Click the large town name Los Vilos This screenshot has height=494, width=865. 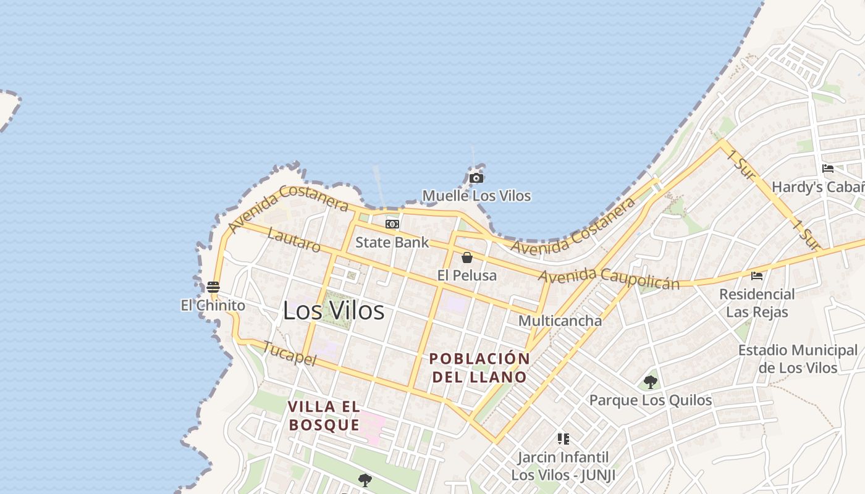point(334,311)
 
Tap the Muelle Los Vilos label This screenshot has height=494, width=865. point(476,196)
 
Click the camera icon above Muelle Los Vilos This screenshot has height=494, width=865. point(476,178)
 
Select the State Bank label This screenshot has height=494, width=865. point(392,242)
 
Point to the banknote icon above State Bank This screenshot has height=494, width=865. point(392,224)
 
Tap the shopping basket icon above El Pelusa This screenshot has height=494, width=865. point(467,257)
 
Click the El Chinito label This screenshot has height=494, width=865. point(213,305)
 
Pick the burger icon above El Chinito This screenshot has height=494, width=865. point(213,287)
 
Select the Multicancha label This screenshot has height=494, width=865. point(560,320)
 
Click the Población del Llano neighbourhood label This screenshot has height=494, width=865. point(480,367)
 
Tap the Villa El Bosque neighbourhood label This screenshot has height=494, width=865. point(324,416)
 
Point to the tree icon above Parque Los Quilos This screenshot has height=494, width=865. point(650,382)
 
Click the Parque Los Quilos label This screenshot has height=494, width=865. point(651,400)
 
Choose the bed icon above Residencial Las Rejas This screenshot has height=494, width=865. point(757,275)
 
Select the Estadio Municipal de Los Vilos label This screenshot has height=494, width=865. point(798,359)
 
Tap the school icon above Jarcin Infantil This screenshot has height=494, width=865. point(563,439)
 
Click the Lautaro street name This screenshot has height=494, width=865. point(295,240)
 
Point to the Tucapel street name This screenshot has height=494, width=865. point(289,353)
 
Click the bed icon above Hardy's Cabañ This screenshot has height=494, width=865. point(828,169)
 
